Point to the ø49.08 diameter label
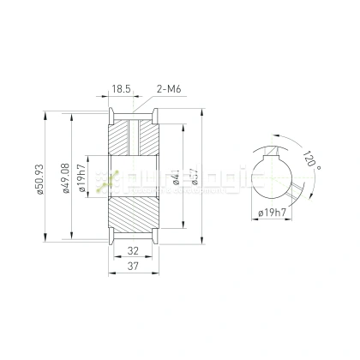pos(66,180)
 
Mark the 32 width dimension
pos(134,252)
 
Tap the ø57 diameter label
pos(195,180)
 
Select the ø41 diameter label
pos(176,180)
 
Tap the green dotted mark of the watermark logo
pos(108,179)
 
